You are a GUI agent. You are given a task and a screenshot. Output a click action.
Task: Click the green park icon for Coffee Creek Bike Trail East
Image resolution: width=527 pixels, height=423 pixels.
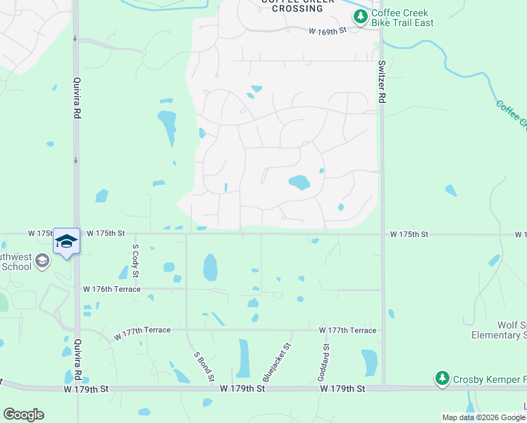360,17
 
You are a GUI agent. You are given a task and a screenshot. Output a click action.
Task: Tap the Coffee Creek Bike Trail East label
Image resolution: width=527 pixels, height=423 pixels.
402,18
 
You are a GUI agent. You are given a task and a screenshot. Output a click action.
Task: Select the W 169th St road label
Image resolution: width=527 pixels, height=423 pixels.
328,31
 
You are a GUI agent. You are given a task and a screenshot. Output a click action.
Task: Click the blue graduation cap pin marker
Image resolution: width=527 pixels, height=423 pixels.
66,242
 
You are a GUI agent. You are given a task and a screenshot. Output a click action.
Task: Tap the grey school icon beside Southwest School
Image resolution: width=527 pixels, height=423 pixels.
42,262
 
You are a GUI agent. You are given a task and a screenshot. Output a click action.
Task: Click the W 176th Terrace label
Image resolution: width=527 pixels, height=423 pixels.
111,289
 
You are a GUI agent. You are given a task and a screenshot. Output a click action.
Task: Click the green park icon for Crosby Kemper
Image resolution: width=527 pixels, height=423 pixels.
442,379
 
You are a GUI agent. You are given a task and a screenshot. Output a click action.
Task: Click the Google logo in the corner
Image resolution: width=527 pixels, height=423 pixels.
23,415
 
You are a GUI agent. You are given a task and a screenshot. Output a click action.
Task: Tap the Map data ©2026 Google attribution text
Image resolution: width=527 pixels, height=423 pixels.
483,417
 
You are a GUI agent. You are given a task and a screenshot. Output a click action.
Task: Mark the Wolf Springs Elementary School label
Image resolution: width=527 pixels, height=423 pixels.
500,330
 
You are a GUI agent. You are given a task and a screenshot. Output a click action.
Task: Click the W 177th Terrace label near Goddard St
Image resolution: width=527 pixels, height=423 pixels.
347,330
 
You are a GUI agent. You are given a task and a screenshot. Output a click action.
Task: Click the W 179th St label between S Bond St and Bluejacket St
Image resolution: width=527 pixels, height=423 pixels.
242,388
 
